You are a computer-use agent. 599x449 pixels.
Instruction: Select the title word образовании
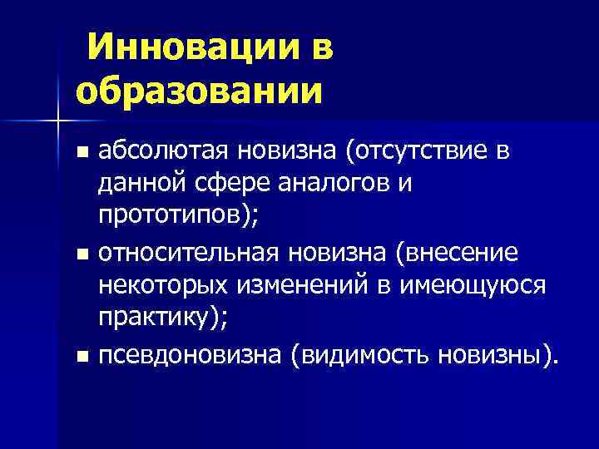[198, 89]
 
